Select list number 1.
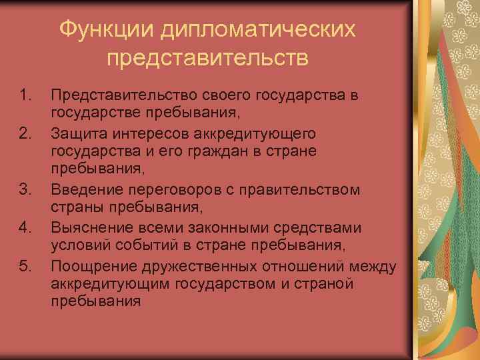click(25, 95)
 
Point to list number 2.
click(25, 133)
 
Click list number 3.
click(25, 190)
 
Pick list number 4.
click(25, 228)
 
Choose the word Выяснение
click(88, 228)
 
